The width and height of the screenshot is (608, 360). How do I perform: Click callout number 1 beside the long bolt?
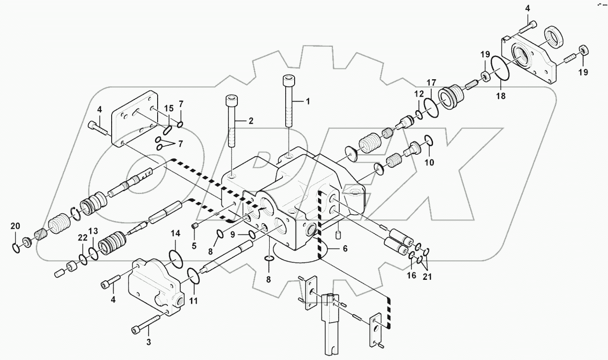[x=308, y=101]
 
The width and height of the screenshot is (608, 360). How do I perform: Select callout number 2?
[x=251, y=121]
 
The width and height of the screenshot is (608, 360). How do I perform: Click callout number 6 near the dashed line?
[x=345, y=249]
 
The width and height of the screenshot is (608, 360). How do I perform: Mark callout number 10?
[x=429, y=163]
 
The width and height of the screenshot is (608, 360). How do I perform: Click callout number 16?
[x=411, y=276]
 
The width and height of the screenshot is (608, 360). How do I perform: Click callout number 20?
[x=15, y=226]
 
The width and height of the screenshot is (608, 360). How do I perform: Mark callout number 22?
[x=82, y=238]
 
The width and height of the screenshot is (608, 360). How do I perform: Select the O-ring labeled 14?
[x=175, y=259]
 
